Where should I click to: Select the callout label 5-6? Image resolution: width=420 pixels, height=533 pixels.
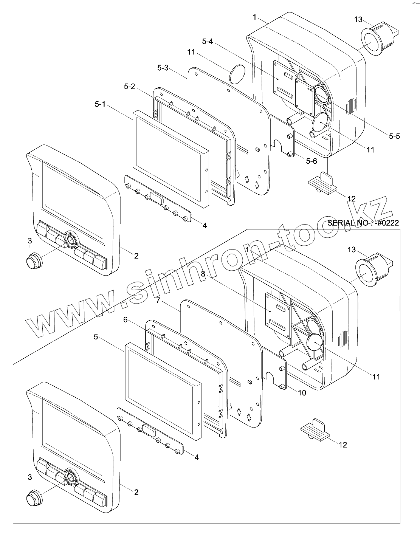pos(312,161)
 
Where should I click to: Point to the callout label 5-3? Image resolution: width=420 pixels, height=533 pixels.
pos(163,68)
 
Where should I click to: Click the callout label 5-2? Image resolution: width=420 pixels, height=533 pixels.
pos(129,87)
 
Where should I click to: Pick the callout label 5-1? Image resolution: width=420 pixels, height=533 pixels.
pos(101,104)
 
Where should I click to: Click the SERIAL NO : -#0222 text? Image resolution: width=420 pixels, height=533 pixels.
pos(363,223)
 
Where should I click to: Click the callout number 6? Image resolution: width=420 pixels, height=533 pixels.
pos(125,320)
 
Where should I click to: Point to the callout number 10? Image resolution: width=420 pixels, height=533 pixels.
pos(302,393)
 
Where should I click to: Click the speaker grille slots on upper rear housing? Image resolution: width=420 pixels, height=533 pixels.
pos(351,107)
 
